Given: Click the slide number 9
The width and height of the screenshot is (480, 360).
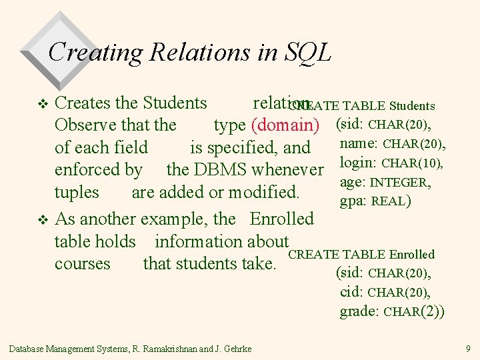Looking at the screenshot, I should tap(469, 348).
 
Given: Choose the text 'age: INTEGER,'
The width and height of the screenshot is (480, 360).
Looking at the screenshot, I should tap(385, 182).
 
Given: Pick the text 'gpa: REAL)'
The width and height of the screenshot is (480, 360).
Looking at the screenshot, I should tap(375, 201).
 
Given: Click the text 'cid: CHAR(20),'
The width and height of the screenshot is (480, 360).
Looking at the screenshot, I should tap(385, 292).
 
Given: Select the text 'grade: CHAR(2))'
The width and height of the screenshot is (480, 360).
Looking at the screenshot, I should tap(392, 311).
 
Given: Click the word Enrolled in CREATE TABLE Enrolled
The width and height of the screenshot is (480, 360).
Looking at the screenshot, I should tap(412, 255).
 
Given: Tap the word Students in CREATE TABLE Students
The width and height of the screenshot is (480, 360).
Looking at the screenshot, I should tap(412, 106).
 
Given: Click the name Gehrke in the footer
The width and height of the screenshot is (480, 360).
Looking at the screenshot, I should tap(237, 349).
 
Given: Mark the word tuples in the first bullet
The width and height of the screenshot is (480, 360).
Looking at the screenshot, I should tap(77, 193).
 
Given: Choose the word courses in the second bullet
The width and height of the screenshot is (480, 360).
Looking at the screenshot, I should tap(82, 264).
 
